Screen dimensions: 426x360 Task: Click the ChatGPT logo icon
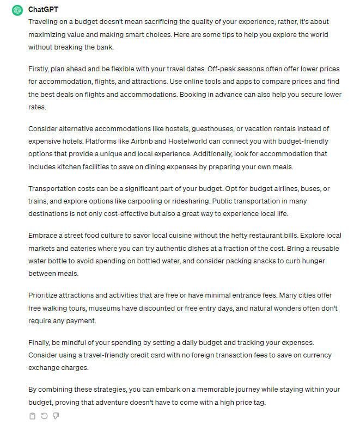click(17, 10)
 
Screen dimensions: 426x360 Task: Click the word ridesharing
click(191, 201)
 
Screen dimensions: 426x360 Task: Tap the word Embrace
click(44, 236)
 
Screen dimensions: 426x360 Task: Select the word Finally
click(41, 343)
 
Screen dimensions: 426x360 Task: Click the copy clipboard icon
click(32, 416)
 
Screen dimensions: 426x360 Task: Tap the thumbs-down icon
click(56, 416)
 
